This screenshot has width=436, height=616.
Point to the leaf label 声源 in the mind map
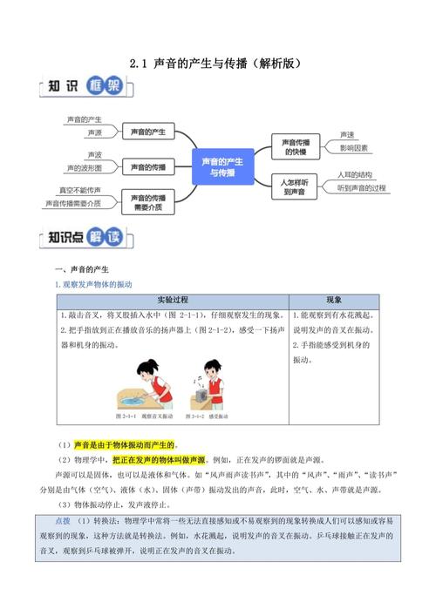point(94,136)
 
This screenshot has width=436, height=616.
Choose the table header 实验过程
point(173,299)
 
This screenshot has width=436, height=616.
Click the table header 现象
point(334,299)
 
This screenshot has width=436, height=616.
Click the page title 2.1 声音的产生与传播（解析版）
point(217,63)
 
